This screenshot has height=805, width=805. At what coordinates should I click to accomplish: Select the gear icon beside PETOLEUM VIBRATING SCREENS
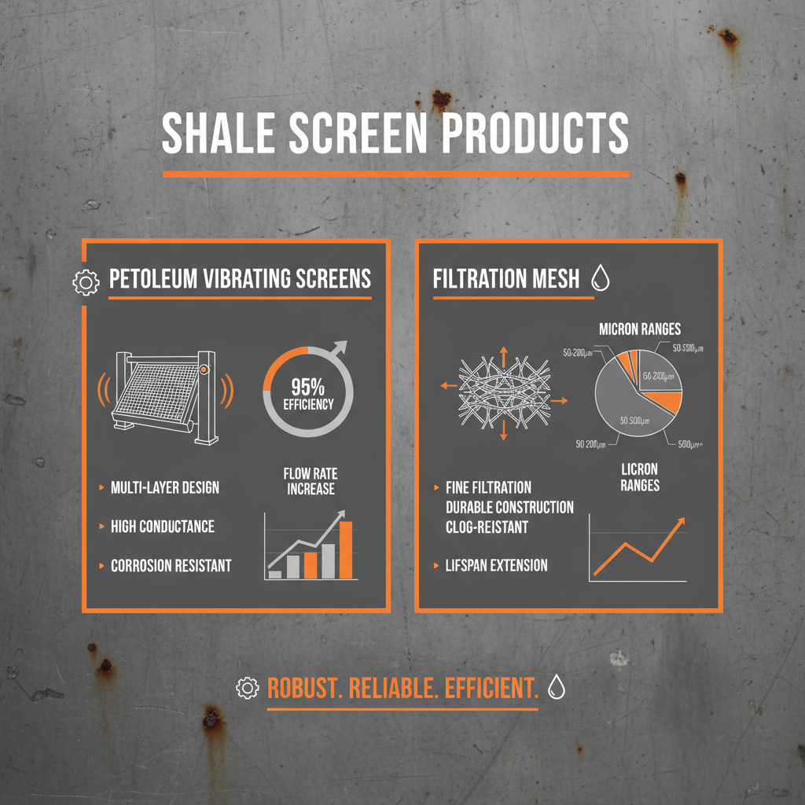pyautogui.click(x=86, y=281)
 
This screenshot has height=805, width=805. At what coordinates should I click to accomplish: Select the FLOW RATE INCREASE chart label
pyautogui.click(x=310, y=481)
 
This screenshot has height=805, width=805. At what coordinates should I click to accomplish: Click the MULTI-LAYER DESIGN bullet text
pyautogui.click(x=165, y=488)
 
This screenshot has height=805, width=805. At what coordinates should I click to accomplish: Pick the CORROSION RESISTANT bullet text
pyautogui.click(x=171, y=565)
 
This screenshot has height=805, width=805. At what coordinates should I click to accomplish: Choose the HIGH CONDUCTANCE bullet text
pyautogui.click(x=163, y=527)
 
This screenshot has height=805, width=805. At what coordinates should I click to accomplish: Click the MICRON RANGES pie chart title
pyautogui.click(x=640, y=329)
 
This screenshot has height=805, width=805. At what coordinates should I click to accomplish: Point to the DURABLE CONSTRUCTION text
pyautogui.click(x=509, y=507)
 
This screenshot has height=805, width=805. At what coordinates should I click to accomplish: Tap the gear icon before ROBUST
pyautogui.click(x=247, y=688)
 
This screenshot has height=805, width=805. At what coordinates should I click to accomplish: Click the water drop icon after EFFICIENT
pyautogui.click(x=557, y=687)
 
